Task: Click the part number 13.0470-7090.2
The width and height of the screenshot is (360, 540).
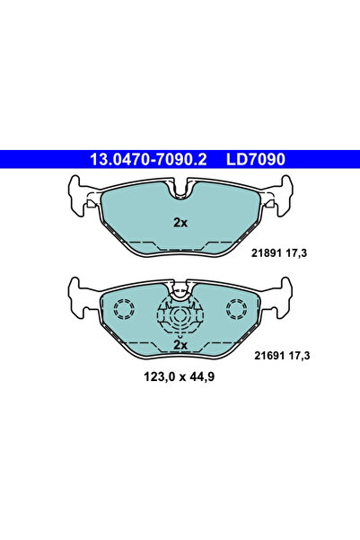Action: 148,161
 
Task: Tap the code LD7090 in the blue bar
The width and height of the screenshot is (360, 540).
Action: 257,161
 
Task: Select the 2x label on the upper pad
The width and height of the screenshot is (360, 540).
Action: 180,224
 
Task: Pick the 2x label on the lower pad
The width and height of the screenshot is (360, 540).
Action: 180,344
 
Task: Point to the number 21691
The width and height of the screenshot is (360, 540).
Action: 267,357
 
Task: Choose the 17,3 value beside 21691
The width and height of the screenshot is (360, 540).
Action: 298,357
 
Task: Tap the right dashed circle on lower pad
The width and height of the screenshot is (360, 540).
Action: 238,311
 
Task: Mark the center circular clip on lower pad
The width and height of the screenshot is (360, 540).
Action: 180,318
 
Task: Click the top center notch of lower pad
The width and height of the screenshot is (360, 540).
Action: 180,288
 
